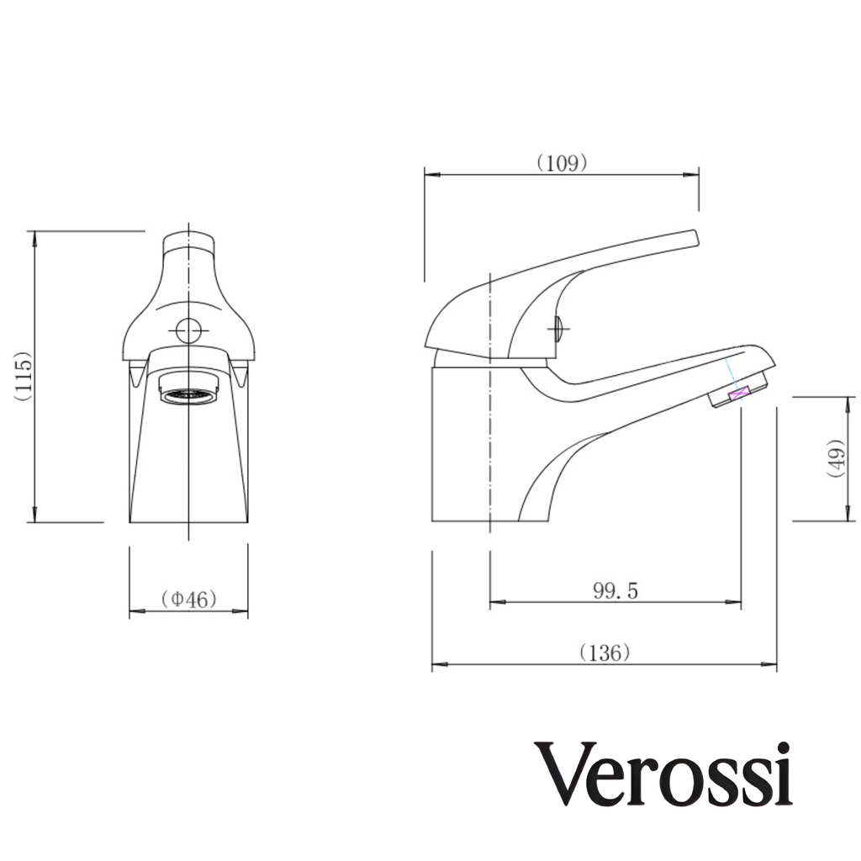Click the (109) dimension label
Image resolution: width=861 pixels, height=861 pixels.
(x=562, y=163)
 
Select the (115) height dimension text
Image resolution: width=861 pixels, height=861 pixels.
(x=24, y=376)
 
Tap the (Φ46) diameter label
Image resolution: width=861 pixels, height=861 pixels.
(x=188, y=599)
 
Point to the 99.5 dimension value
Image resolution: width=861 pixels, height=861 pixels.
(x=615, y=591)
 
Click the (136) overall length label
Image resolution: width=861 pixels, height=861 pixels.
(x=605, y=652)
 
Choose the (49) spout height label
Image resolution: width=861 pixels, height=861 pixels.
(x=835, y=458)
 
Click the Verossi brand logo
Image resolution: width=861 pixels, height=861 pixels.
(x=663, y=774)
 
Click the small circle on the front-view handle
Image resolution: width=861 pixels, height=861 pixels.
(x=188, y=330)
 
